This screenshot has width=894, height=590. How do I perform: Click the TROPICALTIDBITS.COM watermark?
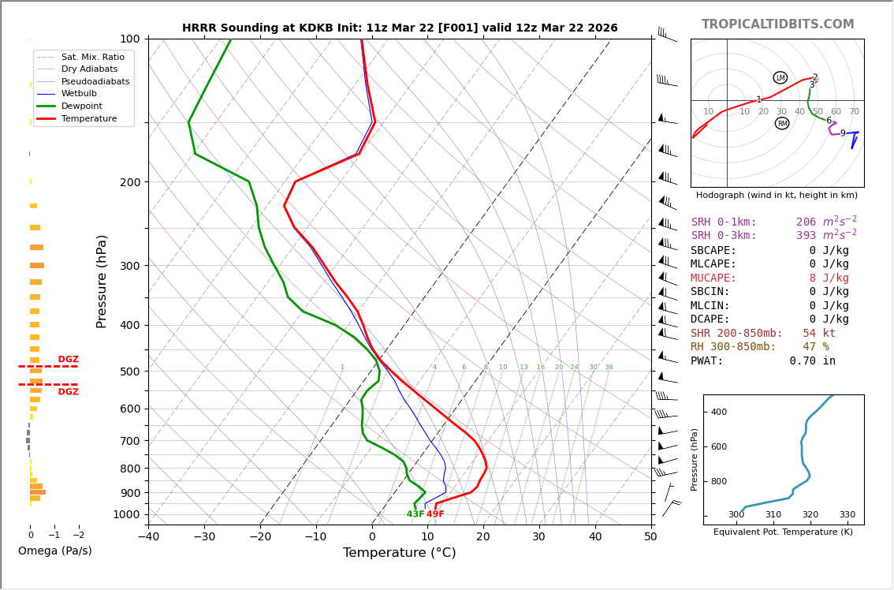pos(777,24)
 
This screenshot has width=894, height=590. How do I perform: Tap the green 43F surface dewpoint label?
pos(415,514)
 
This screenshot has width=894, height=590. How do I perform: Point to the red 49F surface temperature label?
pos(435,514)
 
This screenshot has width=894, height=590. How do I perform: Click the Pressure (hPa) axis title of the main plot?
pos(102,281)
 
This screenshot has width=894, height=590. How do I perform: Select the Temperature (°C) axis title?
pos(399,553)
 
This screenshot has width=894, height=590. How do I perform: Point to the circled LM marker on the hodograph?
pos(780,77)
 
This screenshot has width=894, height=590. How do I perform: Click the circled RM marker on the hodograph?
pos(782,123)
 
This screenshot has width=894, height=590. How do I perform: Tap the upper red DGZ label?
pos(69,360)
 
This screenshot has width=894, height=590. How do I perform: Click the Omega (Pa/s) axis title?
pos(55,551)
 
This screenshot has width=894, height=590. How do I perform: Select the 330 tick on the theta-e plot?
pos(847,515)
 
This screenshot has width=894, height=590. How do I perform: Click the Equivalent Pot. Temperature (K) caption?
pos(783,532)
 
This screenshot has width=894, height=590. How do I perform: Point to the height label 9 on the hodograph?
pos(842,134)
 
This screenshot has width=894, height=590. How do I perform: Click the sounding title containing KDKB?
pos(400,28)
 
